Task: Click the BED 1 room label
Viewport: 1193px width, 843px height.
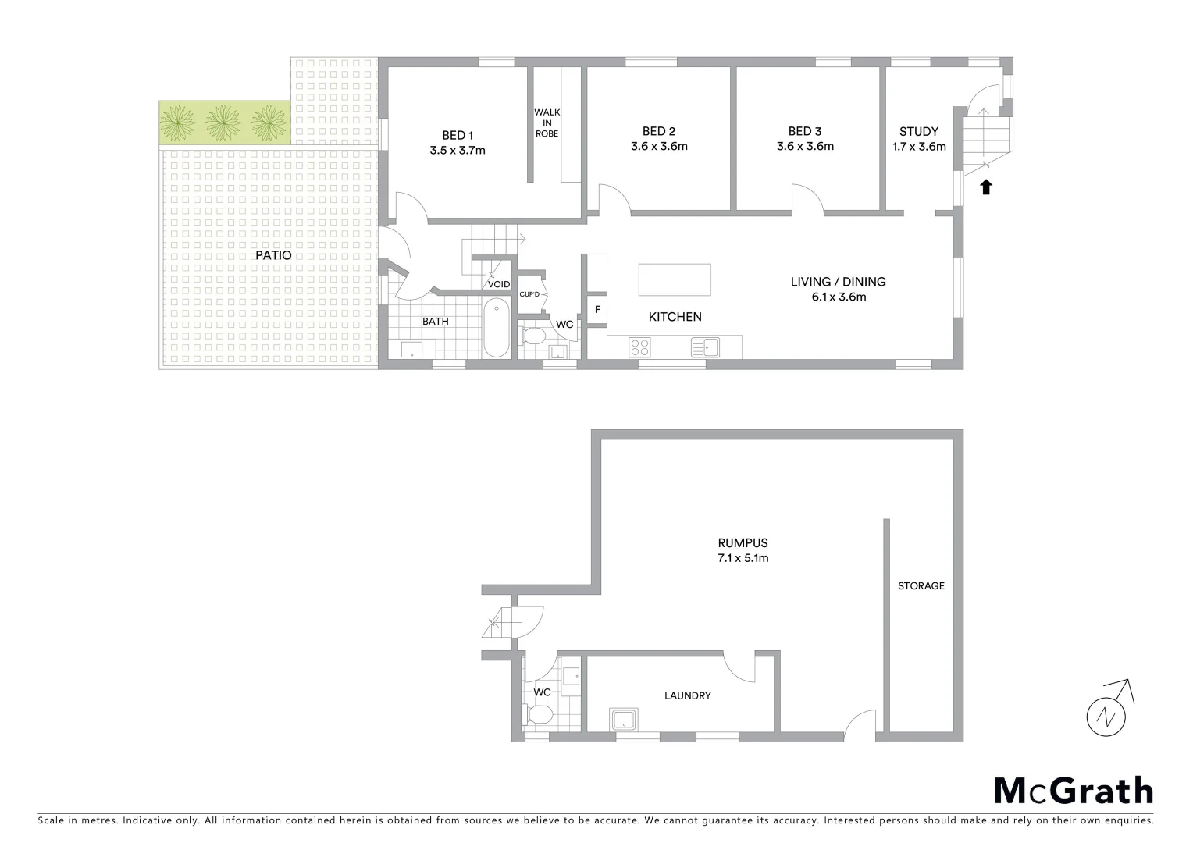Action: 458,136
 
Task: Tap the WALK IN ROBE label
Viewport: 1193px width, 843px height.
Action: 547,123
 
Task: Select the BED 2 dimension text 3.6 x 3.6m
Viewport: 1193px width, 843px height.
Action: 659,147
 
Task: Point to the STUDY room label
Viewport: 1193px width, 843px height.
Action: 919,132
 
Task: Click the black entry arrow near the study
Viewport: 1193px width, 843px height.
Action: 986,187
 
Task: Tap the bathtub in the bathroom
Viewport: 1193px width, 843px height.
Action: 496,329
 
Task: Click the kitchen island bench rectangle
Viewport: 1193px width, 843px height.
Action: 675,279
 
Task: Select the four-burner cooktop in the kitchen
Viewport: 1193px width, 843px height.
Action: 640,347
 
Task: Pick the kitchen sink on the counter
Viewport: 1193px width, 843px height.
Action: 704,347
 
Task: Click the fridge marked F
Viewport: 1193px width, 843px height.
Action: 597,310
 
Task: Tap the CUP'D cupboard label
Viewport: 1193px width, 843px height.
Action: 529,294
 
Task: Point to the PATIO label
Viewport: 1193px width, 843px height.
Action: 273,255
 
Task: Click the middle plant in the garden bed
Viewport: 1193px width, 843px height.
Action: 226,121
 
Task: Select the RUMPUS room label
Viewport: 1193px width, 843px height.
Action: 743,543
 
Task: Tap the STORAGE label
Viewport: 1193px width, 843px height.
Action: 921,585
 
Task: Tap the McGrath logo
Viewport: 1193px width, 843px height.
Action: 1074,791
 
